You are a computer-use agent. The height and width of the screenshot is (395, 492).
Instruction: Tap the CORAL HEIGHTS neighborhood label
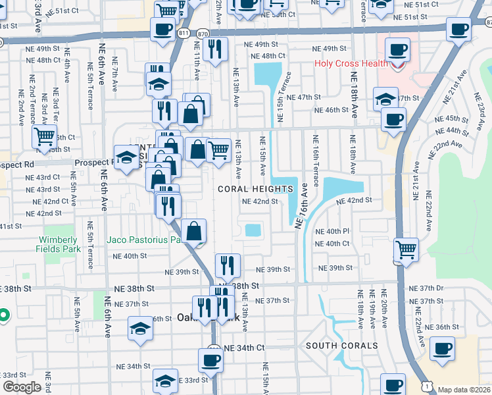[x=255, y=189]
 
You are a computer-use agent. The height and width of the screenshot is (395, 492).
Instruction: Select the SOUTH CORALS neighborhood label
[x=341, y=346]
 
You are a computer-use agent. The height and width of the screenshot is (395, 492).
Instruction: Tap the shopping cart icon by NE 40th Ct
[x=406, y=250]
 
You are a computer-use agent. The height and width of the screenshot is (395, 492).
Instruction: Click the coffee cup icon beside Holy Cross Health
[x=397, y=49]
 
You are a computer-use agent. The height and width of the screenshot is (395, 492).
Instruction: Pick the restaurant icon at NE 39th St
[x=228, y=265]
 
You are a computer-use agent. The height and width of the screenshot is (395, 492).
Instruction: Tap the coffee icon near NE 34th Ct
[x=210, y=360]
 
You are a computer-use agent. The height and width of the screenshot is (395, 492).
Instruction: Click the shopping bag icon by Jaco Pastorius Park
[x=194, y=231]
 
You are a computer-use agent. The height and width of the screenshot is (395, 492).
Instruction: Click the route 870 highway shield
[x=203, y=32]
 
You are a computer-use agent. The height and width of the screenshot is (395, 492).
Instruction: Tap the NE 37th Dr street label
[x=426, y=288]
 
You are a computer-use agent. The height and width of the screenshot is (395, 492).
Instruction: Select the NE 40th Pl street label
[x=332, y=232]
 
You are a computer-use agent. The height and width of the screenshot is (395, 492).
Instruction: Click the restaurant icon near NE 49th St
[x=215, y=48]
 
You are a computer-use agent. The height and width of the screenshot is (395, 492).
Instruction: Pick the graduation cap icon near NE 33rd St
[x=165, y=381]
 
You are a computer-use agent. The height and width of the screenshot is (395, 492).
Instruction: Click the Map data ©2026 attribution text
[x=464, y=389]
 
